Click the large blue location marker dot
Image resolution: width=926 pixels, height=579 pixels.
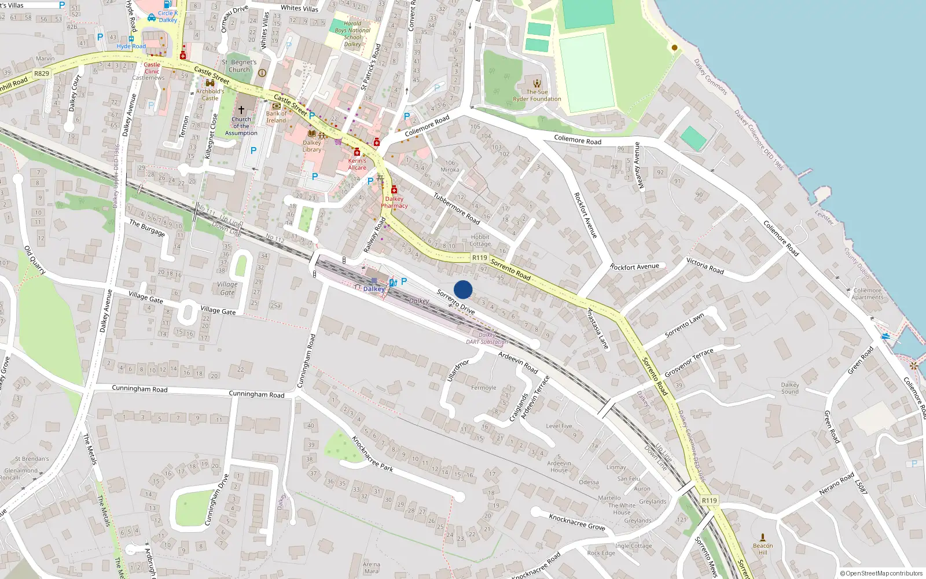point(463,289)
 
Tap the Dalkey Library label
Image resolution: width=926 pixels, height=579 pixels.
point(311,146)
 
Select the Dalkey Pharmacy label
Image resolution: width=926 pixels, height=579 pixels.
point(394,202)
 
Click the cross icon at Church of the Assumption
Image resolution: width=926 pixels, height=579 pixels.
point(241,109)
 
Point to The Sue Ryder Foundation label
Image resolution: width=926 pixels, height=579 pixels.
point(537,96)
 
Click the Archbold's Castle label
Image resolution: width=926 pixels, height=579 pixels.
point(210,94)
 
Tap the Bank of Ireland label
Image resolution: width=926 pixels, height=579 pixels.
point(276,117)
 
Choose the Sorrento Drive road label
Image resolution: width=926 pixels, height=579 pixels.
point(455,302)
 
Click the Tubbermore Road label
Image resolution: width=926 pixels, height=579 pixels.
point(457,208)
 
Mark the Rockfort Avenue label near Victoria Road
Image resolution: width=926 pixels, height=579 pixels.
point(634,267)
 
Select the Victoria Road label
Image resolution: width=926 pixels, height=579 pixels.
point(705,266)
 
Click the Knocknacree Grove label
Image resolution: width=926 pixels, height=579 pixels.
point(576,522)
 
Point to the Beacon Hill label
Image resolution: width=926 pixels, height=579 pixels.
point(762,549)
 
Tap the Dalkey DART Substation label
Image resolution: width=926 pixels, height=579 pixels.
point(487,338)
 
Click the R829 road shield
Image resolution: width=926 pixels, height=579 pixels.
point(42,74)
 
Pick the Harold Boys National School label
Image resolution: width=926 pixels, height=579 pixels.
point(352,34)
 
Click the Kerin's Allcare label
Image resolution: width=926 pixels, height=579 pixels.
point(357,164)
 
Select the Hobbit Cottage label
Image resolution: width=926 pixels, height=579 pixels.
point(480,240)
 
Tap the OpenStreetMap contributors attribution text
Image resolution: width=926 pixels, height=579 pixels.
point(881,573)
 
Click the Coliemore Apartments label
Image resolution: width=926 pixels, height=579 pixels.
point(867,294)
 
